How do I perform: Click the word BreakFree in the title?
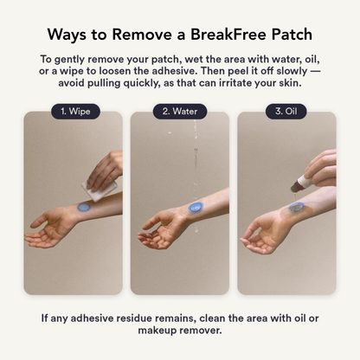229,35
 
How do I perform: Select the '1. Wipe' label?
74,112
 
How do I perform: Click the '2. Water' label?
180,112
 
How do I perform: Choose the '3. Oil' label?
286,112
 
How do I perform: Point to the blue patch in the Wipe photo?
87,207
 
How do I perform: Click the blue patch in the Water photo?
193,208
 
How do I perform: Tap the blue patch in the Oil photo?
297,208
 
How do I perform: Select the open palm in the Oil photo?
259,227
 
